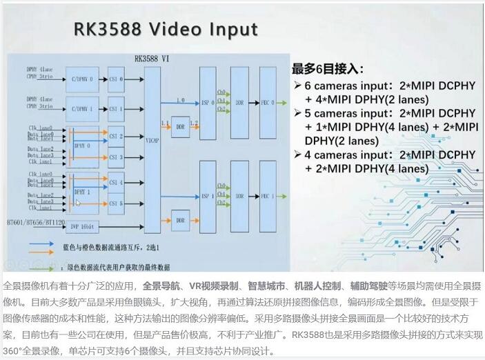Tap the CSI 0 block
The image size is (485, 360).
[116, 79]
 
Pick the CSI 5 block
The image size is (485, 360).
[116, 203]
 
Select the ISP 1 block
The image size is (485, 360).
[207, 195]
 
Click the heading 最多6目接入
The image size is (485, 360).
[327, 69]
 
